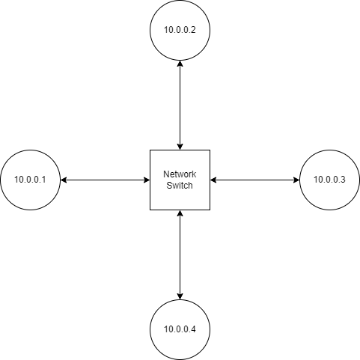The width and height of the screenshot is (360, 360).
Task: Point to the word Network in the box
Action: point(180,174)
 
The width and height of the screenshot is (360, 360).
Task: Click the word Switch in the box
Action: point(180,186)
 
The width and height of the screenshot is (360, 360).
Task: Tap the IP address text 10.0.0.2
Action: point(180,30)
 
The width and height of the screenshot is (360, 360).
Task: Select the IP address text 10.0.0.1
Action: point(30,180)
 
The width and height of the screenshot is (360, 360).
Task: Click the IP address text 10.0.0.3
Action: point(329,180)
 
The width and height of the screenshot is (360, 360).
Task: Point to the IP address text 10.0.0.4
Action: point(180,329)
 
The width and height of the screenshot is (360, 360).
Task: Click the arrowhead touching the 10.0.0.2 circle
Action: point(180,64)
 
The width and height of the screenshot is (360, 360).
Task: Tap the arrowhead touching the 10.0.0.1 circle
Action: point(64,180)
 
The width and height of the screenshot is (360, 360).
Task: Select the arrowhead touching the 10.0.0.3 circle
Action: point(296,180)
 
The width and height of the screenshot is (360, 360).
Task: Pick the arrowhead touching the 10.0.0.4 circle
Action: point(180,296)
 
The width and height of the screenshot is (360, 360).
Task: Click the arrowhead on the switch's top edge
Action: point(180,147)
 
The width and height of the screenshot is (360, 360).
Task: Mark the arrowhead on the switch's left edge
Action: point(147,180)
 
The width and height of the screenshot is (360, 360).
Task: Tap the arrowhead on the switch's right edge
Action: point(213,180)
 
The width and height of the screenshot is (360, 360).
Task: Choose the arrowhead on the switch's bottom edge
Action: point(180,213)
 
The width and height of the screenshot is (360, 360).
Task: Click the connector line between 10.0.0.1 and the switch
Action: point(105,180)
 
